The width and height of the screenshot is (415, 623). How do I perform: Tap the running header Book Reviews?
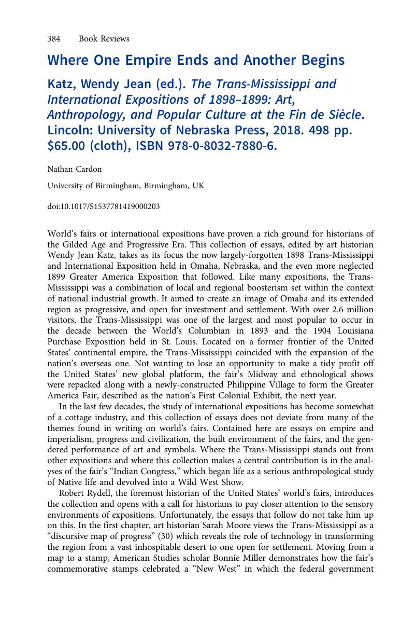pyautogui.click(x=104, y=39)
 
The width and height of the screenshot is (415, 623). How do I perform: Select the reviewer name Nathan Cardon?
pyautogui.click(x=74, y=169)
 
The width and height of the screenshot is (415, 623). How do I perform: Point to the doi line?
pyautogui.click(x=103, y=206)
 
